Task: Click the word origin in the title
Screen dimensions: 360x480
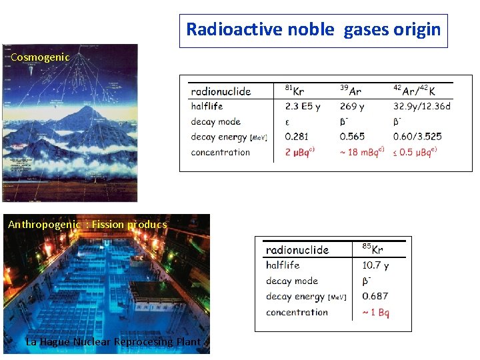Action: [417, 30]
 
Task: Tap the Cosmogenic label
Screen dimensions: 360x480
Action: [40, 57]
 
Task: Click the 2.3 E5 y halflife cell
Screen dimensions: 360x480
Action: [303, 106]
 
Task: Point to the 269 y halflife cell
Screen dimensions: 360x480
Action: [352, 106]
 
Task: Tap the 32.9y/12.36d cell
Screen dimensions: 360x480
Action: [422, 106]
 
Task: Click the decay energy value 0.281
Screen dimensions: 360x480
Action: [297, 137]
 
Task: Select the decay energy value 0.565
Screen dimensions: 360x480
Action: [352, 137]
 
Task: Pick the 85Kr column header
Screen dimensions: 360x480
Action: [373, 249]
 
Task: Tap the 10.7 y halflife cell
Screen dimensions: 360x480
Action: [375, 265]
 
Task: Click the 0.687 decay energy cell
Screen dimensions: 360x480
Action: [375, 296]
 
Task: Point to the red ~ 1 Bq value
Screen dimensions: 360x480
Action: [375, 312]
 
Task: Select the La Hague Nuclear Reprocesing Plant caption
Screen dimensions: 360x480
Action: [113, 342]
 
